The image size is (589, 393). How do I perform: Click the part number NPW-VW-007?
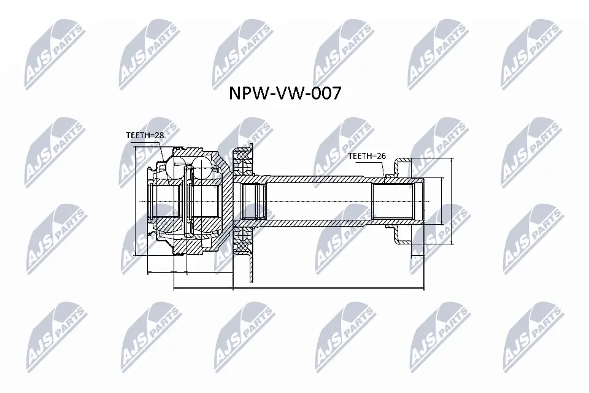[285, 94]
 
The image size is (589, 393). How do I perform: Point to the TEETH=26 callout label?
[366, 156]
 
